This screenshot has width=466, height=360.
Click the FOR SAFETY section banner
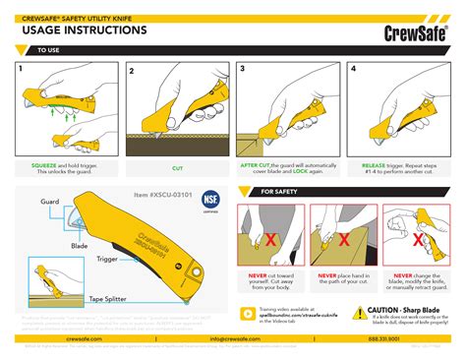tap(279, 192)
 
